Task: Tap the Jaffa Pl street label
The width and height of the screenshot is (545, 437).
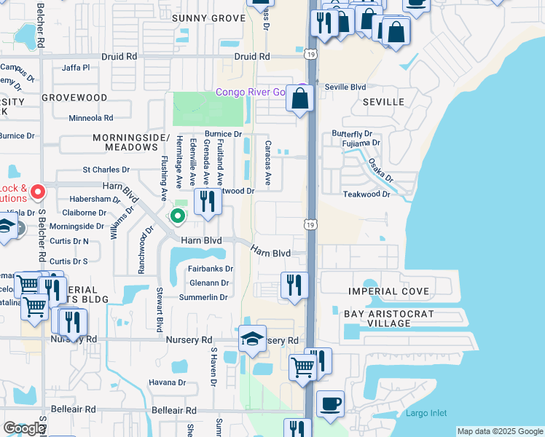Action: [x=76, y=68]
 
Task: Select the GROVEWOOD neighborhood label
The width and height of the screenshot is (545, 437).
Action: [x=74, y=97]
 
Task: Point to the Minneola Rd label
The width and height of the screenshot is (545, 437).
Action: [x=91, y=117]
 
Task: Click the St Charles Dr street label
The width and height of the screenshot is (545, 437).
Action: [x=106, y=170]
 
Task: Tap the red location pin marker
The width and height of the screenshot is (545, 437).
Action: [x=38, y=193]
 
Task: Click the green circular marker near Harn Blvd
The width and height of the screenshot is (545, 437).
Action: [x=177, y=216]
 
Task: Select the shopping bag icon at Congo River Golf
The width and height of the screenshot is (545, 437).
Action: [x=300, y=98]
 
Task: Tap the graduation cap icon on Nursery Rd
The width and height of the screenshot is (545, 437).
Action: [x=252, y=339]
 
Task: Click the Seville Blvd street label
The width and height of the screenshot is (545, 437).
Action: [x=345, y=87]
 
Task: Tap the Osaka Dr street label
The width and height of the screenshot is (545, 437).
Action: [x=380, y=171]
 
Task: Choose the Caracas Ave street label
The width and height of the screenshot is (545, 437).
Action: [x=268, y=163]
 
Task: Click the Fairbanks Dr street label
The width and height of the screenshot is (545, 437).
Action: [x=210, y=268]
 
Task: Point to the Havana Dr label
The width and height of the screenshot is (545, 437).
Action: [x=168, y=382]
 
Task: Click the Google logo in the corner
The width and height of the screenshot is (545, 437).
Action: [x=23, y=428]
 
